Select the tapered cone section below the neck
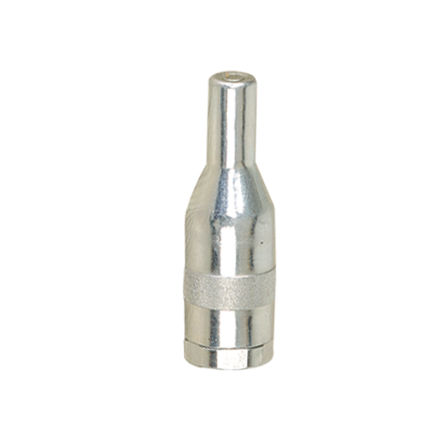pos(228,187)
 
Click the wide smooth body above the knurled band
pos(228,235)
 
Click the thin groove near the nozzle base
pos(228,342)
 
